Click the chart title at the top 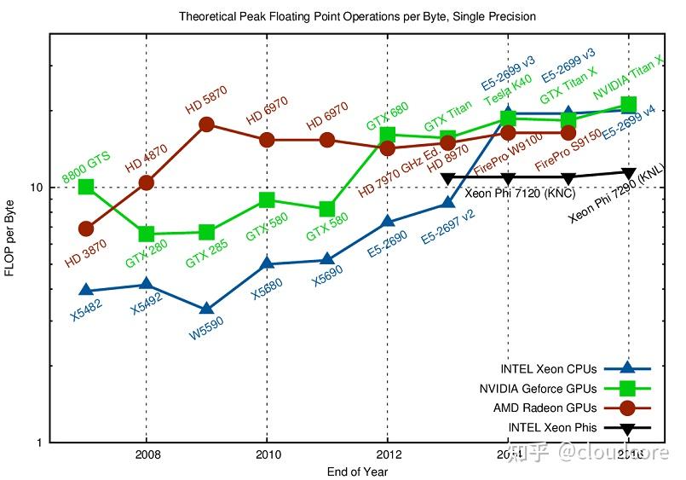[x=357, y=16]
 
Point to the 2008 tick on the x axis [x=147, y=454]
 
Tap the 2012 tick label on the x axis [x=388, y=454]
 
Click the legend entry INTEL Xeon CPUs [x=551, y=369]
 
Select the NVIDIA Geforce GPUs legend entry [x=539, y=389]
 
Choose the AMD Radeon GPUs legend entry [x=545, y=408]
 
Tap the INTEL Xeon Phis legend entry [x=551, y=428]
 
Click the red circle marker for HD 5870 [x=206, y=124]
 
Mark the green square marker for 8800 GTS [x=86, y=187]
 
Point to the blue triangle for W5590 [x=206, y=309]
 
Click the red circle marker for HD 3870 [x=86, y=228]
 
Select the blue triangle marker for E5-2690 [x=388, y=222]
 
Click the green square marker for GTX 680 [x=388, y=135]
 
